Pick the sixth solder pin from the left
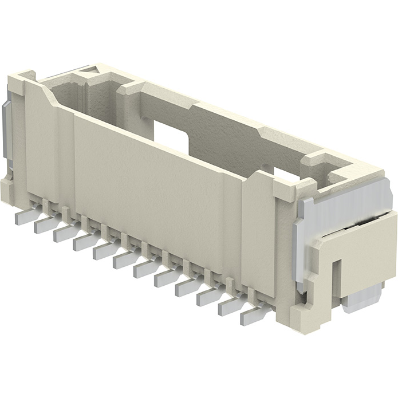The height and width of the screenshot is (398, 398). click(125, 259)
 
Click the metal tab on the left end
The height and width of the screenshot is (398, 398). click(7, 132)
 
